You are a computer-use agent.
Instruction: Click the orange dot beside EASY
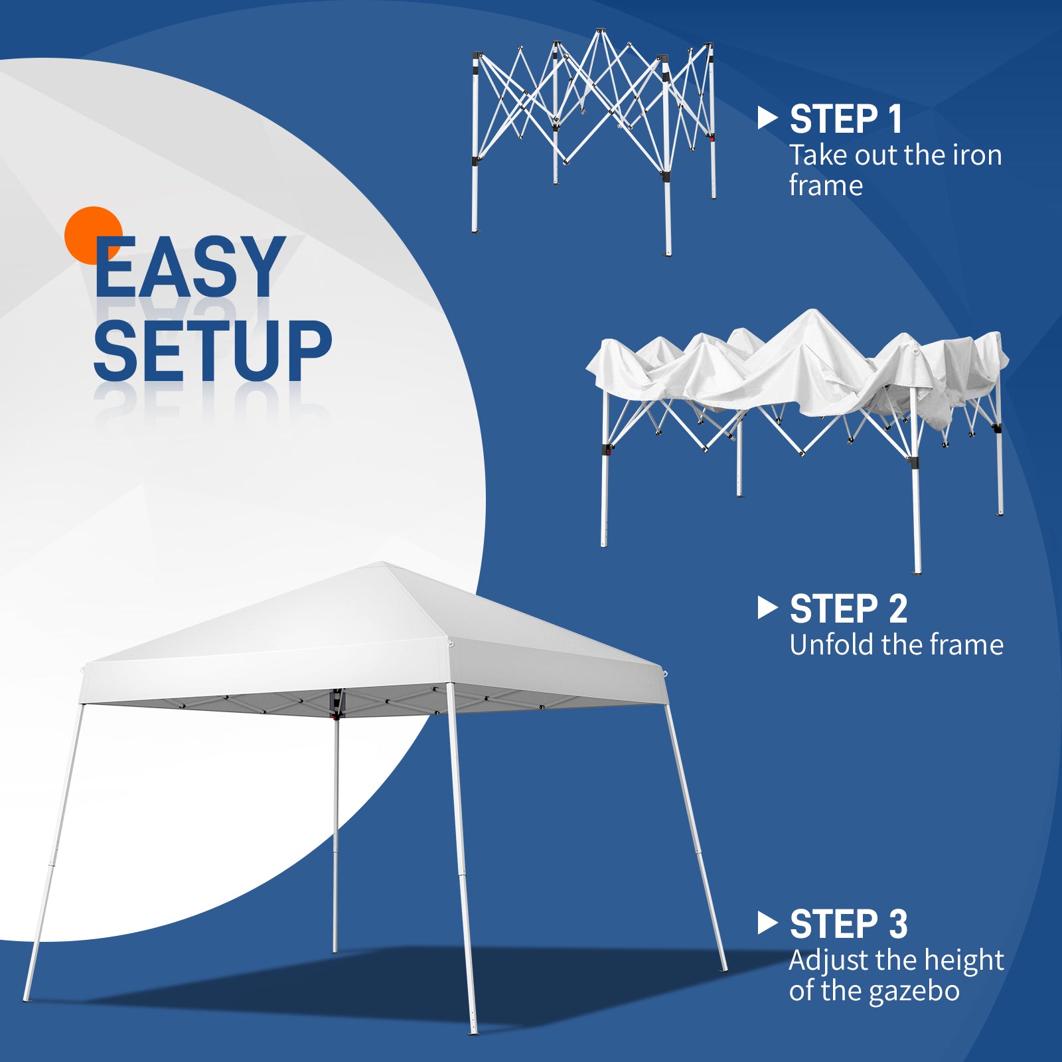93,235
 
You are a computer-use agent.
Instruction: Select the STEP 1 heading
846,119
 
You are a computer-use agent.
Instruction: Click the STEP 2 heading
848,609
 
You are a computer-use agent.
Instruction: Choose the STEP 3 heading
848,924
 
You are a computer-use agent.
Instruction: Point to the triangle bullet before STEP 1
767,119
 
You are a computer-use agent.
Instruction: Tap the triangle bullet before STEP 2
767,608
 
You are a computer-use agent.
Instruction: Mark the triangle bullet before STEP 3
767,923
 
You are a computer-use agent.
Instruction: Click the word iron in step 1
977,155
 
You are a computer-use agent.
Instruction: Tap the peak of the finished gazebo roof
383,564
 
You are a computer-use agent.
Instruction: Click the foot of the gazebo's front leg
473,1029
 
